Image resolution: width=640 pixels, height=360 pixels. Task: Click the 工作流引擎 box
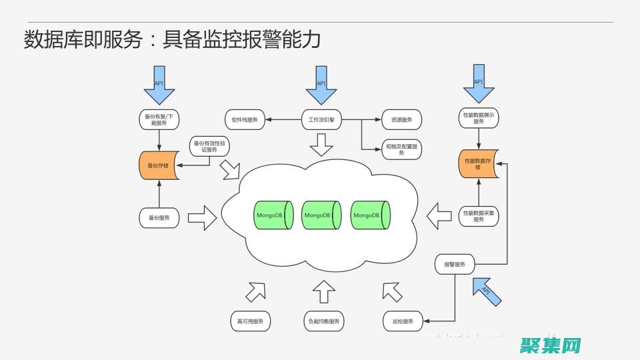[x=321, y=120]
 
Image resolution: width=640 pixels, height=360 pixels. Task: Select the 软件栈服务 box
[x=245, y=120]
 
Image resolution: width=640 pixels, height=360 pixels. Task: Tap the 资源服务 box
[x=401, y=120]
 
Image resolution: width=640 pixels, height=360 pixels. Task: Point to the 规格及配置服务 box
[x=401, y=149]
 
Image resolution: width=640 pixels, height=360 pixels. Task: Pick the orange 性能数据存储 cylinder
[x=478, y=164]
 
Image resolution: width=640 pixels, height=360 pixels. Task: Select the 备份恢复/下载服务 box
[x=159, y=119]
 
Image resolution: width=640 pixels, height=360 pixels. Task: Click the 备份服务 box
[x=159, y=217]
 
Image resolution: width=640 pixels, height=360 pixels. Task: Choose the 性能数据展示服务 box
[x=479, y=118]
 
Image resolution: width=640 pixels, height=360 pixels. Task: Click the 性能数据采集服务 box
[x=479, y=215]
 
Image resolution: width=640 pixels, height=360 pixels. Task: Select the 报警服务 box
[x=455, y=265]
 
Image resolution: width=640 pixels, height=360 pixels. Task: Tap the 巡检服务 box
[x=403, y=321]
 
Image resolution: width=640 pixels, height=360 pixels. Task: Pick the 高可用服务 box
[x=250, y=321]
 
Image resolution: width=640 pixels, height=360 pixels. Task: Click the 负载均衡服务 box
[x=323, y=321]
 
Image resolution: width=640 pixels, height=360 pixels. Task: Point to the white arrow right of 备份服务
[x=203, y=217]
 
